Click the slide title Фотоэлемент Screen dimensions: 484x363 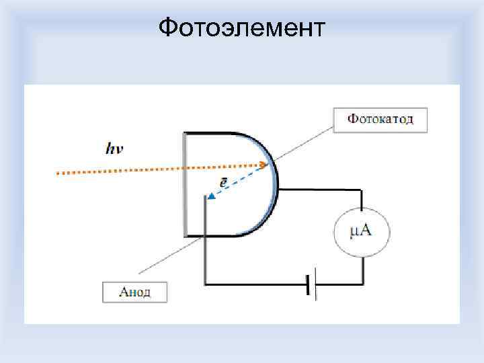241,28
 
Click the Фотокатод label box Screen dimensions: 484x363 380,120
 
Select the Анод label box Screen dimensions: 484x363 134,292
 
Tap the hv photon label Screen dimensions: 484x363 114,149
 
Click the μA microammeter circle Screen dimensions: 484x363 362,233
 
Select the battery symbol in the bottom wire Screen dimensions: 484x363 311,284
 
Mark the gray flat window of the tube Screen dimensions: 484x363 185,184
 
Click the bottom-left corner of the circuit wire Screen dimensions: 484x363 205,284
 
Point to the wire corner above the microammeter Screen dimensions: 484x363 362,191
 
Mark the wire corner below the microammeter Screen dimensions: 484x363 362,284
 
